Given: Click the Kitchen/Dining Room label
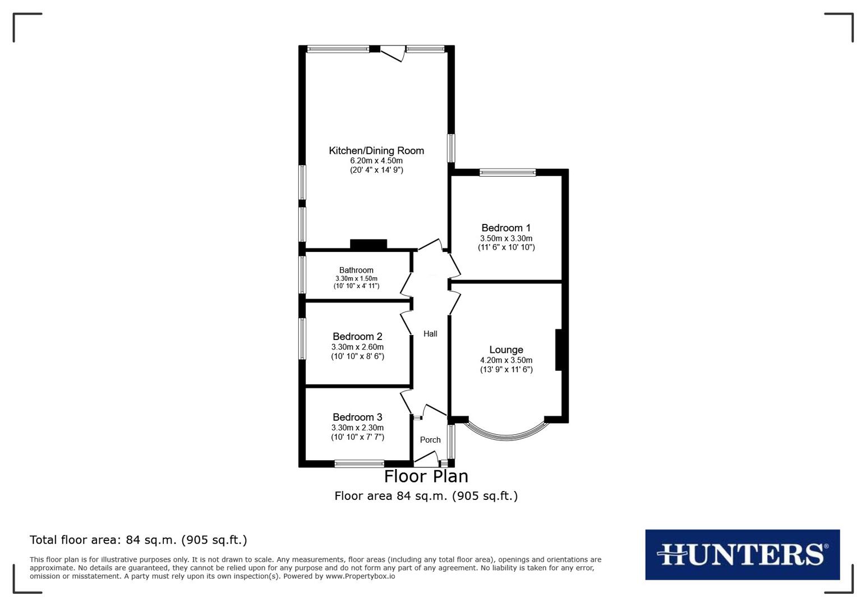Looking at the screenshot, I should point(376,150).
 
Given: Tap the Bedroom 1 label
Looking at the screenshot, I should point(506,228).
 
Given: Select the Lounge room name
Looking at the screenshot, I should point(506,350).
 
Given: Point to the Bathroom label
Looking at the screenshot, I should point(356,270).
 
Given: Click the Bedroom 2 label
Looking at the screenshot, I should point(357,336).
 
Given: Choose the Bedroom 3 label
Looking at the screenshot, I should point(357,417).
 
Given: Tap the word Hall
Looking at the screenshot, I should point(430,334).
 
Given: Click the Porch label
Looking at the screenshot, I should point(430,440).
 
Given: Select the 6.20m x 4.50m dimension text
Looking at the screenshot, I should point(376,160).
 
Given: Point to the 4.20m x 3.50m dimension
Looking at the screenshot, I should point(506,360).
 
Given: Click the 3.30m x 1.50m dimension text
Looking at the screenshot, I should point(356,278).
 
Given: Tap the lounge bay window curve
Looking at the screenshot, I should point(506,434).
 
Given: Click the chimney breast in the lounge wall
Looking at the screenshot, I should point(559,350).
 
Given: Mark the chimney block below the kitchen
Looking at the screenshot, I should point(368,244).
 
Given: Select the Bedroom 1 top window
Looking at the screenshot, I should point(508,173).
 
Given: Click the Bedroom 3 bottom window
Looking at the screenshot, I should point(359,463).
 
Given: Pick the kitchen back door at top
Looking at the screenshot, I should point(392,54).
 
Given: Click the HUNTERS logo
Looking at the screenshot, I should point(742,554).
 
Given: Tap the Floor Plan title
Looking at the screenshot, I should point(426,476).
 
